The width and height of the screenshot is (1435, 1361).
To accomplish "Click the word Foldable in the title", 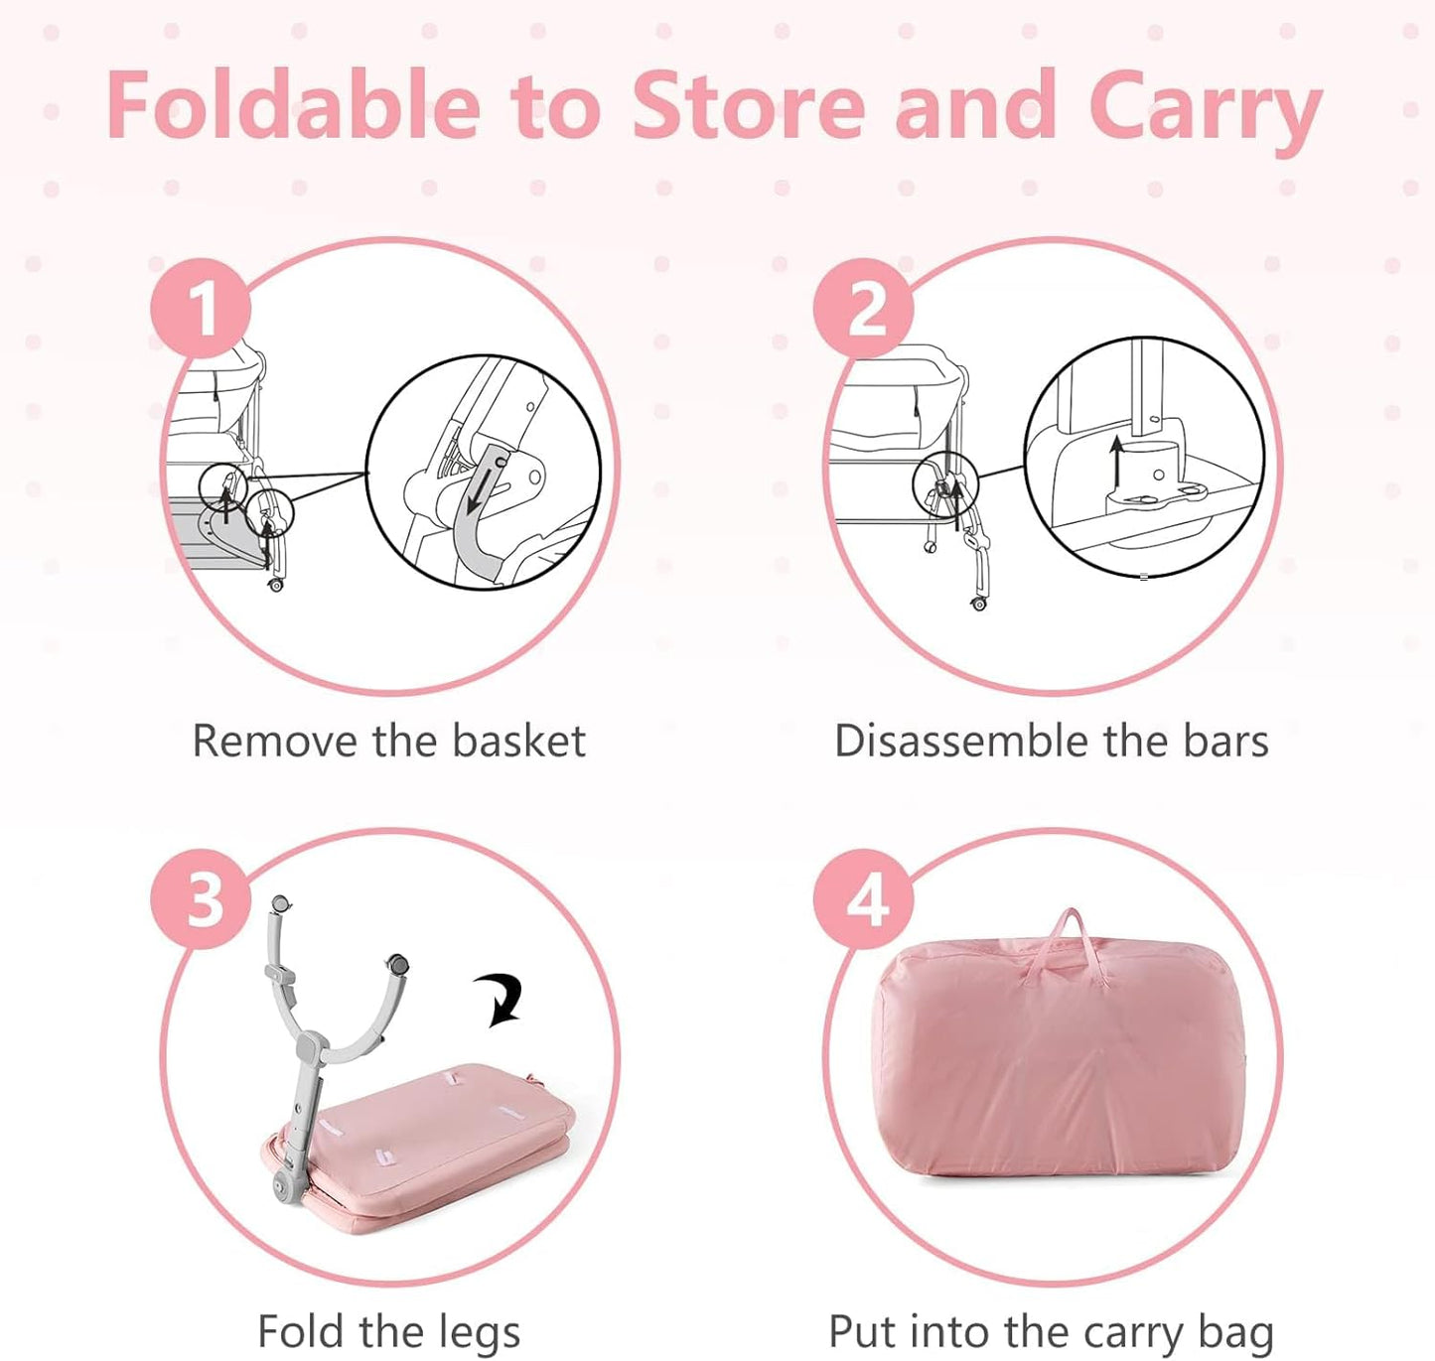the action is pos(294,103).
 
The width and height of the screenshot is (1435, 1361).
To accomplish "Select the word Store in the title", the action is pos(749,103).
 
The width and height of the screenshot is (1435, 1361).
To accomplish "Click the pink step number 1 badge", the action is pos(201,309).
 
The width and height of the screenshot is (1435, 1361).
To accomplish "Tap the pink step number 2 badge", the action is pos(863,309).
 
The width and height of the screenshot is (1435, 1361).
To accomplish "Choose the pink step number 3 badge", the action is pos(201,899).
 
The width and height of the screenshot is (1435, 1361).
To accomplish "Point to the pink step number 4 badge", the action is pos(863,899).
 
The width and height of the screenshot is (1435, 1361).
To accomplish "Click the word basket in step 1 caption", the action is pos(519,741).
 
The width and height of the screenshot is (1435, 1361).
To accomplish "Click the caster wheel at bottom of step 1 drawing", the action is pos(276,585).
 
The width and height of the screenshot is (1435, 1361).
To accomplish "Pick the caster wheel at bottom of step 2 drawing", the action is pos(979,603).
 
